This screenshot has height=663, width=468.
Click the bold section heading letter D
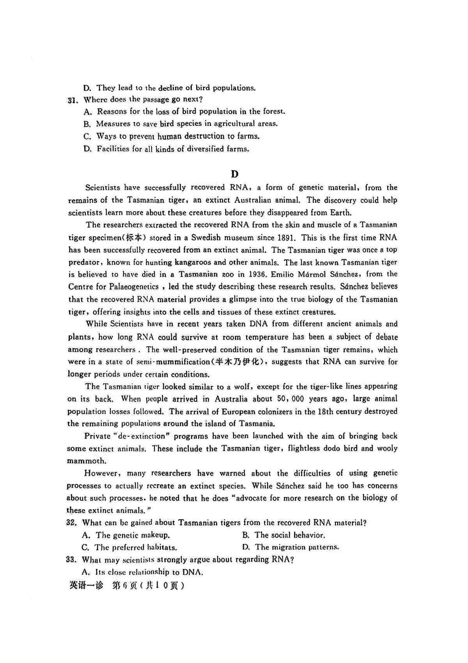(234, 174)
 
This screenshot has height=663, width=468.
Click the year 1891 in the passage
(287, 238)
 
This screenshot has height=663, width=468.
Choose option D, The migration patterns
(291, 547)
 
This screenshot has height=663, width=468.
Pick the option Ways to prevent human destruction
(172, 136)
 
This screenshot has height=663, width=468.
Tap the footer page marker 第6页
(124, 586)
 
